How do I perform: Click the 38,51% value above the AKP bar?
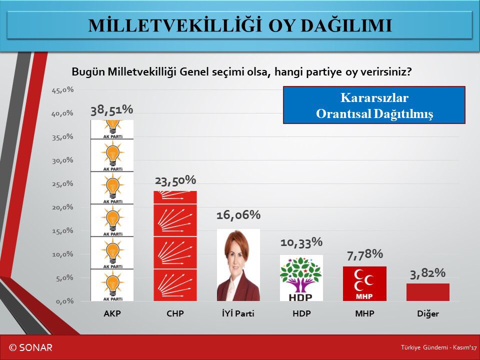111,110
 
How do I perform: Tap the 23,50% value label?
174,180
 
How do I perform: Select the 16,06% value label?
238,215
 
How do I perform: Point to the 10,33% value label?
301,242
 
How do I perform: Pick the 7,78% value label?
364,254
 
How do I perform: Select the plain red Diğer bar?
427,292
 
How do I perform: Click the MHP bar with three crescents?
364,283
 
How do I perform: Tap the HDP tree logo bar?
301,278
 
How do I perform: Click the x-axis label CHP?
174,314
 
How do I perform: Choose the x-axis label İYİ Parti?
238,314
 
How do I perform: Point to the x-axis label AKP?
111,314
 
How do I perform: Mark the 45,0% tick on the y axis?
62,90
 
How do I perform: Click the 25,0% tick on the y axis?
62,183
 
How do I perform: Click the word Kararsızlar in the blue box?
374,97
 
